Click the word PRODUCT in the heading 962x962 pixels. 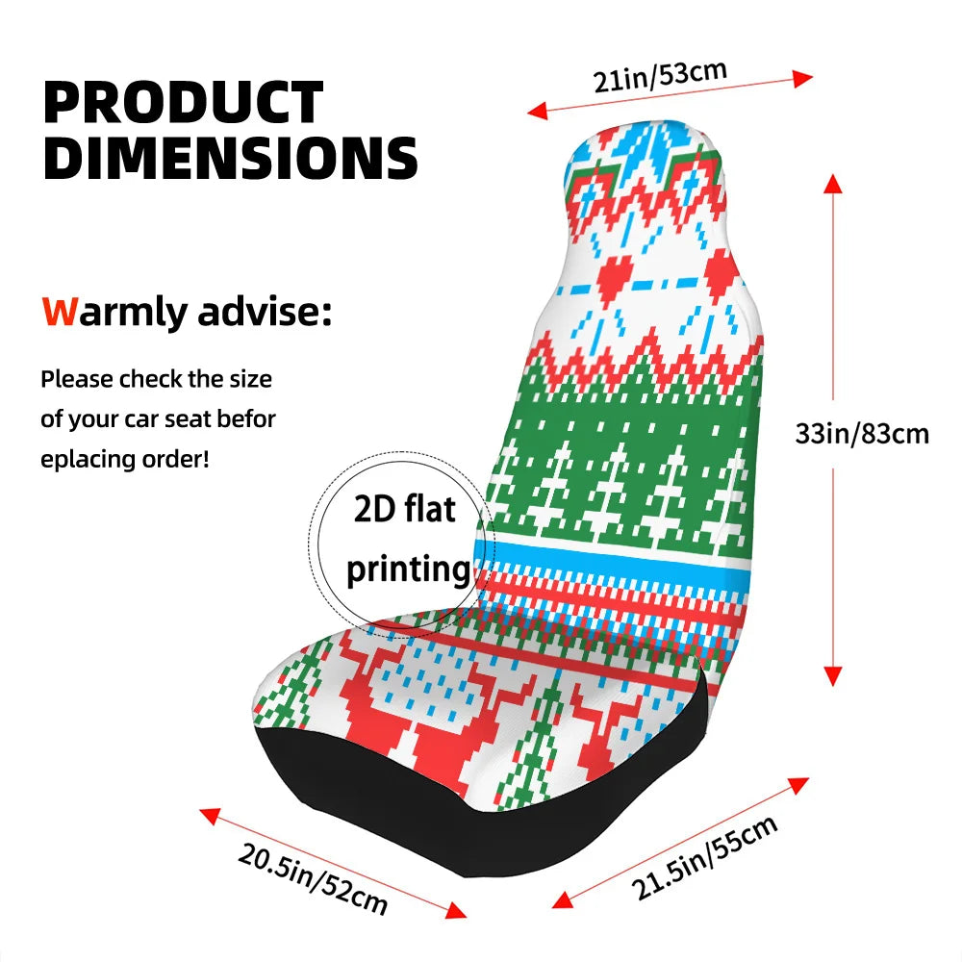click(x=184, y=103)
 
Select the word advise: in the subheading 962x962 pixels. click(x=265, y=312)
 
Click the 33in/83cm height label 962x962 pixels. click(x=862, y=434)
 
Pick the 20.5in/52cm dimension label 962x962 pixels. click(x=313, y=878)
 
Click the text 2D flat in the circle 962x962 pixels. click(x=405, y=509)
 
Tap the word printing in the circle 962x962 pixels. click(x=409, y=570)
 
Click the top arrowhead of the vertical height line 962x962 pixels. click(x=832, y=183)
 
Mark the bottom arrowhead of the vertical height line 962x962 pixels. click(x=832, y=676)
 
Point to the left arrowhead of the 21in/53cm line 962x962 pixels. click(x=538, y=111)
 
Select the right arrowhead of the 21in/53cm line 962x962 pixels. click(x=802, y=79)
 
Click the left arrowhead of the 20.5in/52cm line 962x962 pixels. click(x=210, y=816)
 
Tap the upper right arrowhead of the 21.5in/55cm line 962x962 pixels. click(x=798, y=785)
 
